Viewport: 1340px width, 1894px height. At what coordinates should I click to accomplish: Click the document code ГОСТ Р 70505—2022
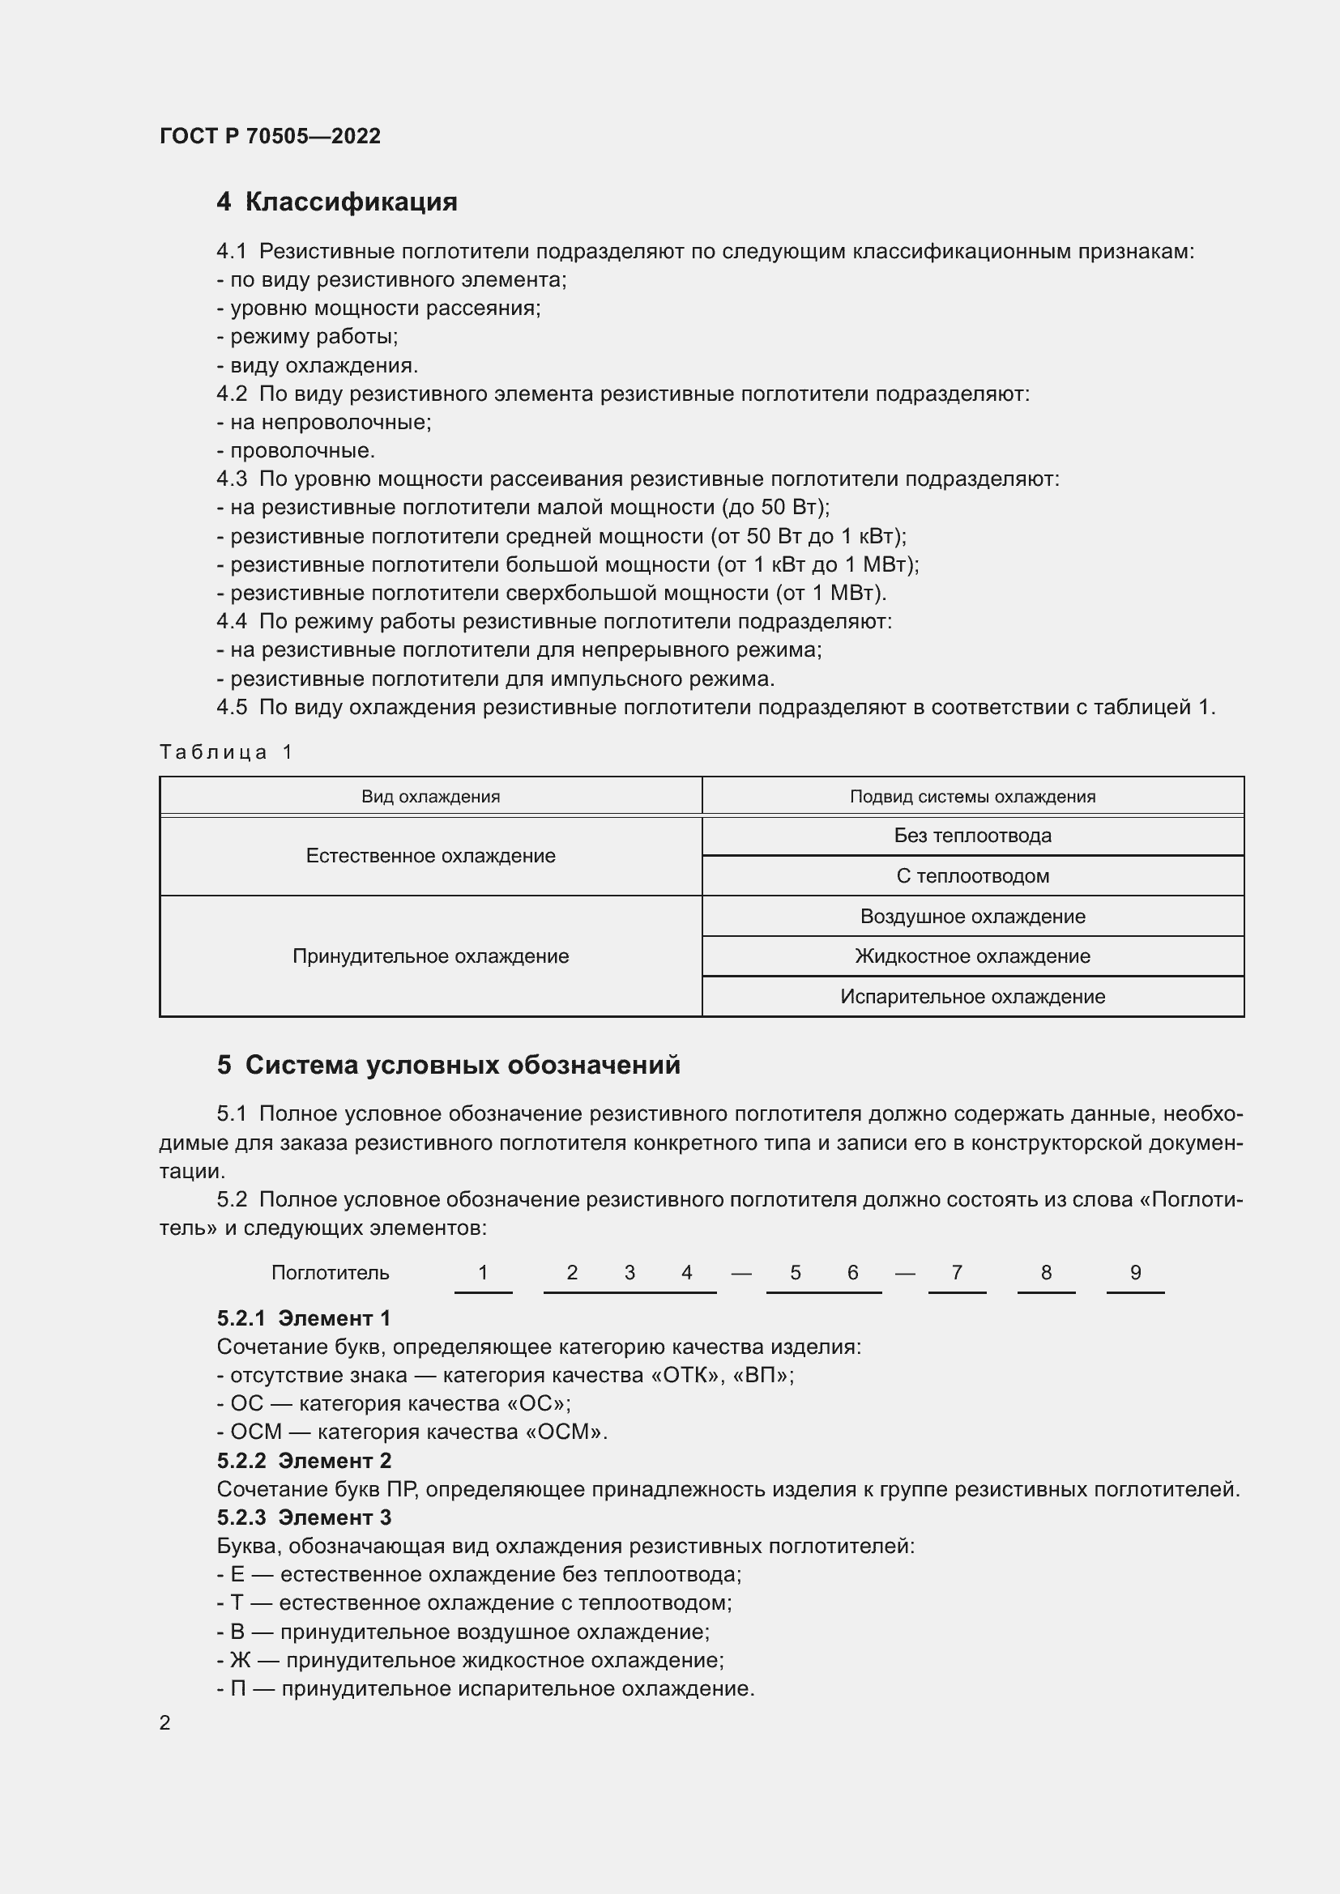coord(270,136)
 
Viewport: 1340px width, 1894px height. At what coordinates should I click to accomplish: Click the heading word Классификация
coord(351,202)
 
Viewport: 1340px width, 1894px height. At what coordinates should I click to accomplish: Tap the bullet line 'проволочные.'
coord(301,450)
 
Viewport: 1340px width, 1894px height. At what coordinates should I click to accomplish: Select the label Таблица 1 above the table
coord(226,751)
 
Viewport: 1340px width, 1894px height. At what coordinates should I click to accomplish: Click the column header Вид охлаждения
coord(430,796)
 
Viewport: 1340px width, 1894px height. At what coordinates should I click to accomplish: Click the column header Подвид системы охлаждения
coord(972,796)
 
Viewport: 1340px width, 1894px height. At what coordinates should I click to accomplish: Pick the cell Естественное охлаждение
coord(430,855)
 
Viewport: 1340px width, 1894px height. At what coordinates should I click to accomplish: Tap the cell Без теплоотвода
coord(972,836)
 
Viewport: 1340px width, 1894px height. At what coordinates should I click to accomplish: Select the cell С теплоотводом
coord(972,876)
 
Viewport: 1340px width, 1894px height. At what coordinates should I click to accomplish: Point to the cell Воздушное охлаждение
coord(972,917)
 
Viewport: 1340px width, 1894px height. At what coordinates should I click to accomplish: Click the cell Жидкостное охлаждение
coord(972,956)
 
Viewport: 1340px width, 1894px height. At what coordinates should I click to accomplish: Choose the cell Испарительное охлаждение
coord(972,997)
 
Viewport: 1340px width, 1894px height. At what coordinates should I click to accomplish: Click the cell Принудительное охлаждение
coord(430,956)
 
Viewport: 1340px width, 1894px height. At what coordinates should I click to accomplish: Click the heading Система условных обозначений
coord(462,1065)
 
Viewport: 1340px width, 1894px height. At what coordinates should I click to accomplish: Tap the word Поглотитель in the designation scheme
coord(330,1273)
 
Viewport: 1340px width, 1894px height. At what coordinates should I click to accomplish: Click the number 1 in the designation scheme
coord(483,1273)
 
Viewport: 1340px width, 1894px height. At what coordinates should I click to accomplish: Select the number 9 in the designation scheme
coord(1134,1273)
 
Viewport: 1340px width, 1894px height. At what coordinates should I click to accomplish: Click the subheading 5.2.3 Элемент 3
coord(304,1517)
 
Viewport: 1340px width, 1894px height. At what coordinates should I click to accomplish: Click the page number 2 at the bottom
coord(165,1722)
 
